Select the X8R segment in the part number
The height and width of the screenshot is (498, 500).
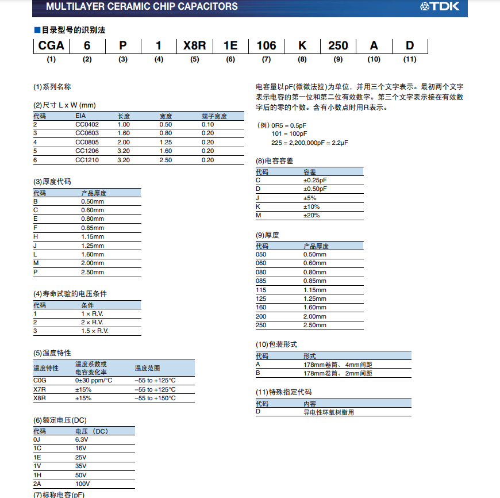194,45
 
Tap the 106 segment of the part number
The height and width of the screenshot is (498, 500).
266,45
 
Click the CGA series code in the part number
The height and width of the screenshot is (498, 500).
51,45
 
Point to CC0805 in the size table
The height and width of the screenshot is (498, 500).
87,142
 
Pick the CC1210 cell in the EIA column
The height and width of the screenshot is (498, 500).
87,160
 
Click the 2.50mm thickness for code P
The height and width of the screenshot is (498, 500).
93,272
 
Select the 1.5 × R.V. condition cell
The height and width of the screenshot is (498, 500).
95,331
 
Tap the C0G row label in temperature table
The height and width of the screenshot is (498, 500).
40,380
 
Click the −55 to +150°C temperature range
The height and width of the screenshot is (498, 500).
155,398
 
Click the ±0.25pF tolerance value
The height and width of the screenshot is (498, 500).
316,180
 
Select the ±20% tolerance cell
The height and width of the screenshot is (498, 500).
311,215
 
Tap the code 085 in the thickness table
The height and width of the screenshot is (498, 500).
261,281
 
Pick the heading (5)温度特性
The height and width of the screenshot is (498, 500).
52,353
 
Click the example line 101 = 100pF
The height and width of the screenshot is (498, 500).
290,133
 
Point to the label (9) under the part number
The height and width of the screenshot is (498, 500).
338,59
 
